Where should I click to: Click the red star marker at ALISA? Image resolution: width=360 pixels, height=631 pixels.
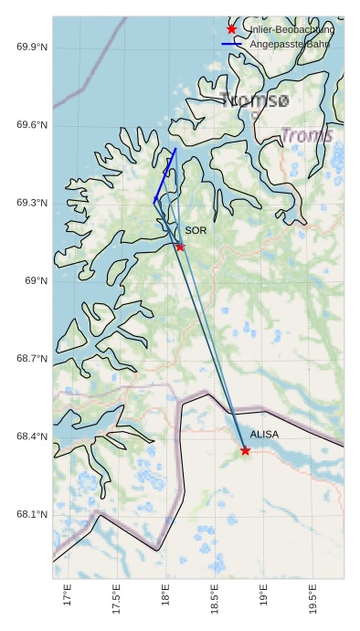[x=245, y=450]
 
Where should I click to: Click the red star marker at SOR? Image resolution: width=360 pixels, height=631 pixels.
[x=180, y=247]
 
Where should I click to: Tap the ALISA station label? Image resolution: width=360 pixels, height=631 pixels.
[x=264, y=435]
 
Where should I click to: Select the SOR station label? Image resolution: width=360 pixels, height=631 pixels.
[x=196, y=231]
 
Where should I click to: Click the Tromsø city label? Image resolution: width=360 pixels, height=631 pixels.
[x=255, y=100]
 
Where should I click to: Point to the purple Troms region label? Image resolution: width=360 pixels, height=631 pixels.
[x=307, y=136]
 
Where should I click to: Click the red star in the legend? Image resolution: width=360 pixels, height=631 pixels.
[x=231, y=29]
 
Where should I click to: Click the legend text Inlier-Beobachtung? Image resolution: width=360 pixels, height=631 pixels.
[x=291, y=29]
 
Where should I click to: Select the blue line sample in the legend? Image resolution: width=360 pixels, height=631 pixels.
[x=231, y=44]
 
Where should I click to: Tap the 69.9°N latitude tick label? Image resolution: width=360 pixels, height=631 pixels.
[x=32, y=47]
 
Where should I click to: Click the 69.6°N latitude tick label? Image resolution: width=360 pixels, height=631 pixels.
[x=32, y=125]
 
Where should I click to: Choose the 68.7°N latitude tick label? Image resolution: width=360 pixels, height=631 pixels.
[x=32, y=359]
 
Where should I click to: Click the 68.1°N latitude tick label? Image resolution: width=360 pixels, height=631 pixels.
[x=32, y=515]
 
